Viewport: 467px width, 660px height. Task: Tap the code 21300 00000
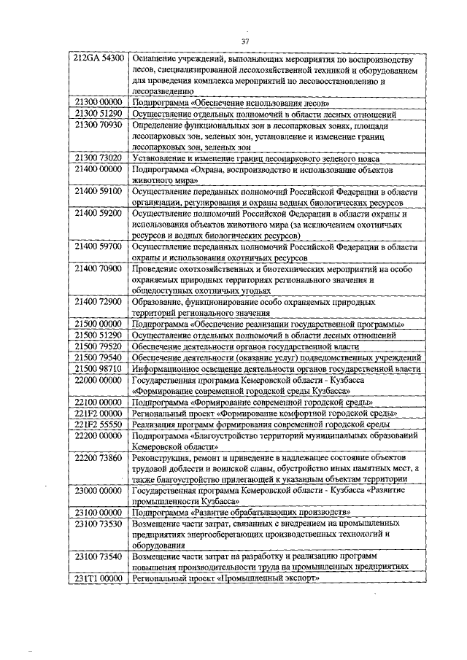coord(99,104)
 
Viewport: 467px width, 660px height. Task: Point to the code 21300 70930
coord(99,125)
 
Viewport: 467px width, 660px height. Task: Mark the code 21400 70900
coord(99,269)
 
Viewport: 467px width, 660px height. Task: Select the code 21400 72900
coord(99,301)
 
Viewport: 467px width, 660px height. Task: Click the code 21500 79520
coord(99,346)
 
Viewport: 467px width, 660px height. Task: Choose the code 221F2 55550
coord(99,423)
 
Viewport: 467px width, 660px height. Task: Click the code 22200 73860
coord(99,457)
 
